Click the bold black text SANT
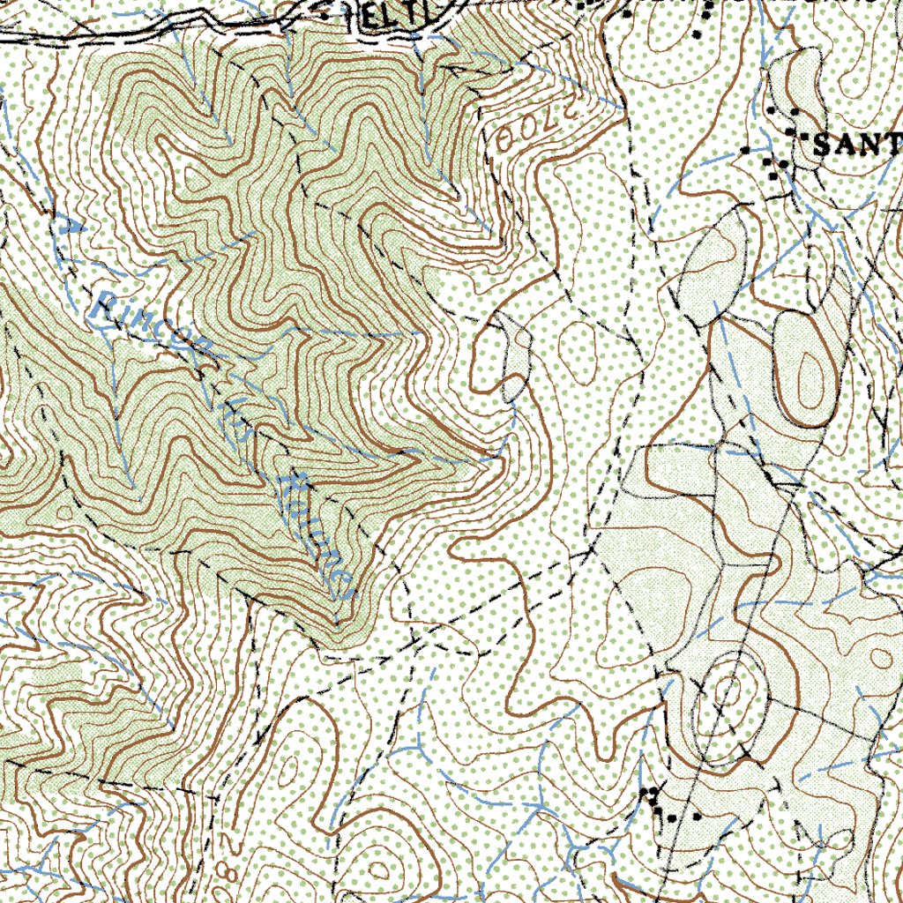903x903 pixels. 855,146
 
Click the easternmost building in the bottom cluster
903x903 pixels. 697,817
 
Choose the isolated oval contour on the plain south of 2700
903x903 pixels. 578,340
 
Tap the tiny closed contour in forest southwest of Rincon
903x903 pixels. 63,511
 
